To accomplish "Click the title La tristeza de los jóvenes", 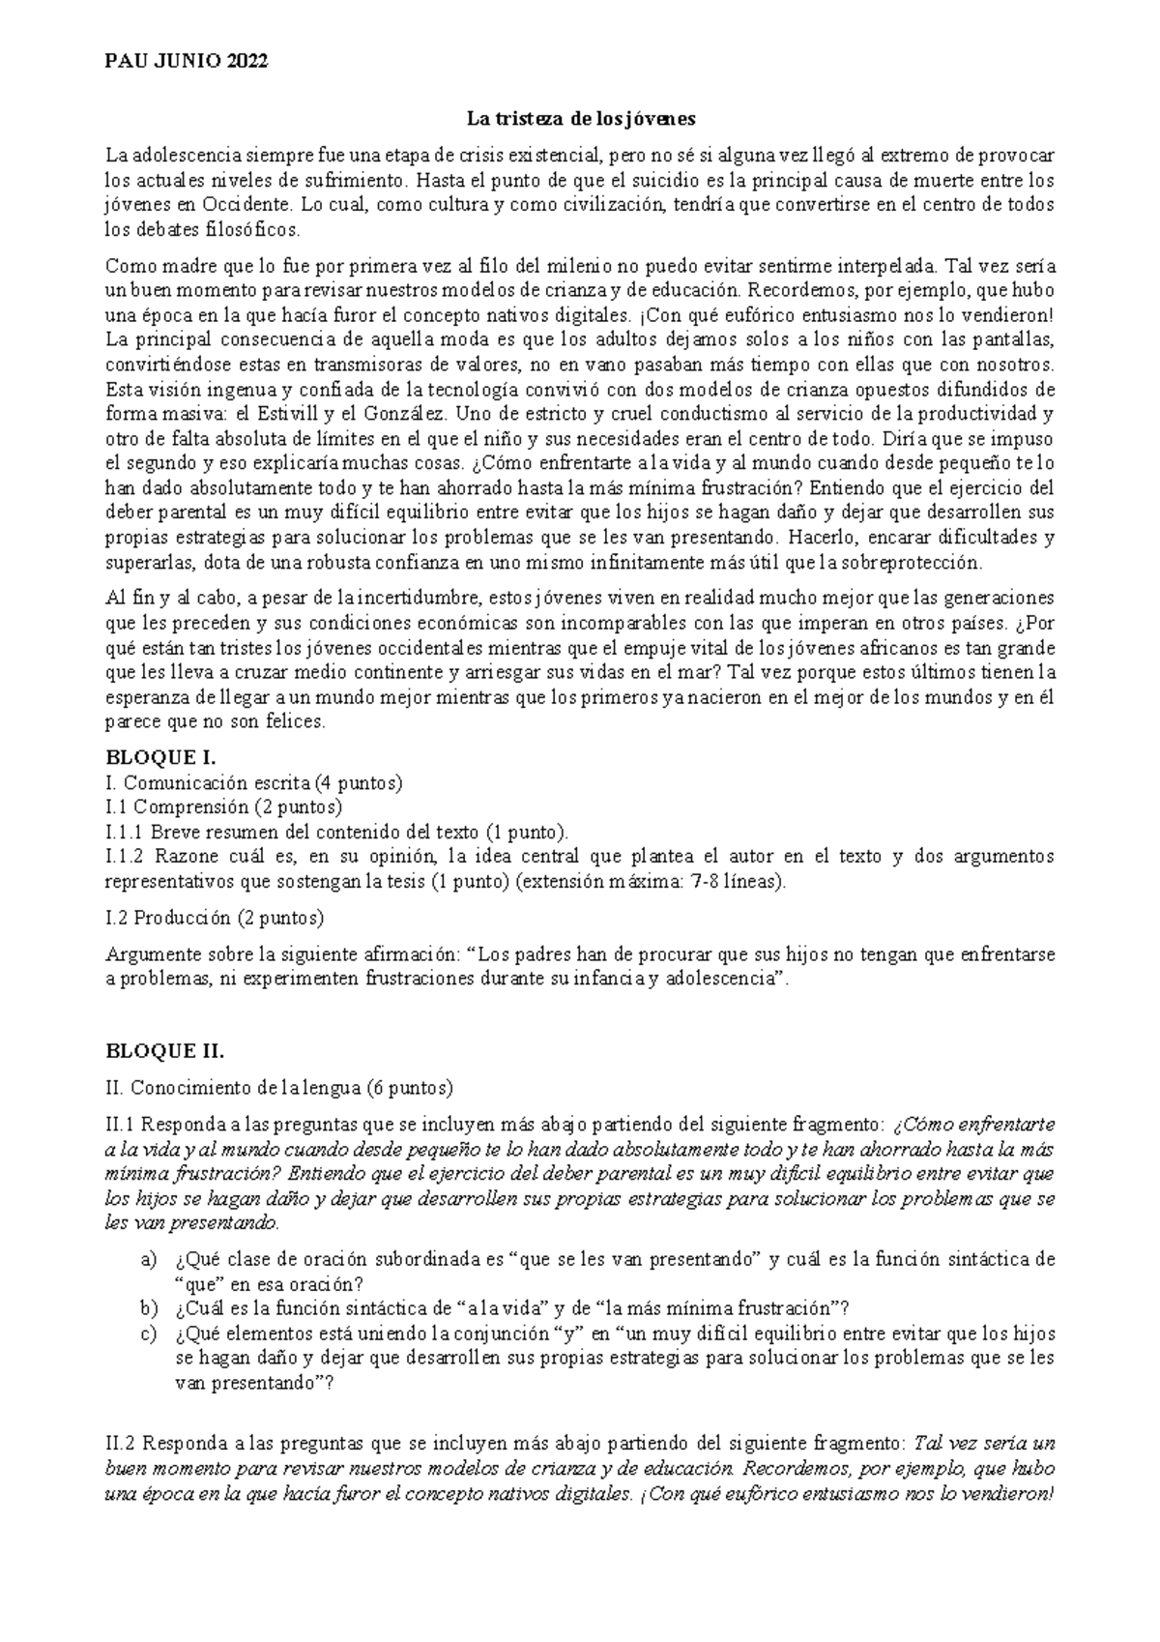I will click(581, 119).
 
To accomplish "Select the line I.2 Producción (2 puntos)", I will click(215, 917).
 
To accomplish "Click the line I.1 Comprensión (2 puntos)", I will click(224, 806).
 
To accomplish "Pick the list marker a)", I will click(148, 1260).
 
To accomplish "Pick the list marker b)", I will click(148, 1308).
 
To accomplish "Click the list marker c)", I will click(148, 1334).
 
